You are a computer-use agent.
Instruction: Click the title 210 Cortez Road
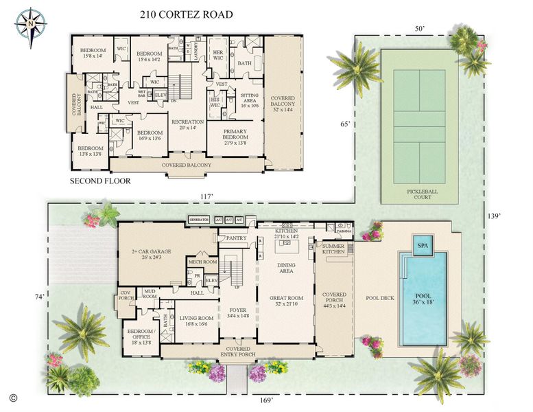pyautogui.click(x=186, y=14)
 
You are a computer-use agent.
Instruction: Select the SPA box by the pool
pyautogui.click(x=421, y=244)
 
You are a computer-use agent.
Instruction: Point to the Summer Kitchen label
pyautogui.click(x=333, y=249)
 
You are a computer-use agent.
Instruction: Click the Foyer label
pyautogui.click(x=237, y=312)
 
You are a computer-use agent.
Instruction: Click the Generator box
pyautogui.click(x=198, y=220)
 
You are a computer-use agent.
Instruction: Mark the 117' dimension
pyautogui.click(x=206, y=196)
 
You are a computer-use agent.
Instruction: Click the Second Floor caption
pyautogui.click(x=101, y=182)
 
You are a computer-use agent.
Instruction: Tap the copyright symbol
pyautogui.click(x=12, y=398)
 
